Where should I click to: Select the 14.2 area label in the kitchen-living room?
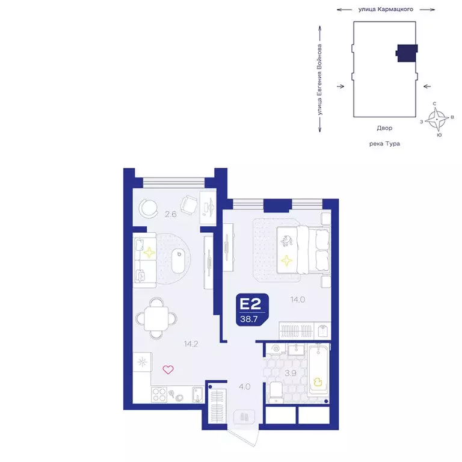(x=192, y=345)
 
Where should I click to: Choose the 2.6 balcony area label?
(x=170, y=214)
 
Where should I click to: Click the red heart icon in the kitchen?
(x=168, y=369)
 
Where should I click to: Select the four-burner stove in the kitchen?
(x=159, y=394)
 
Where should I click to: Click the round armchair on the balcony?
(x=147, y=208)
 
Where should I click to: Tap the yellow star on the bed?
(x=288, y=260)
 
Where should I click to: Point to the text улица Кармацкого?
(x=386, y=10)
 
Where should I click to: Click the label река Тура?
(x=384, y=144)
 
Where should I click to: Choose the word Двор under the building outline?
(x=384, y=128)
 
